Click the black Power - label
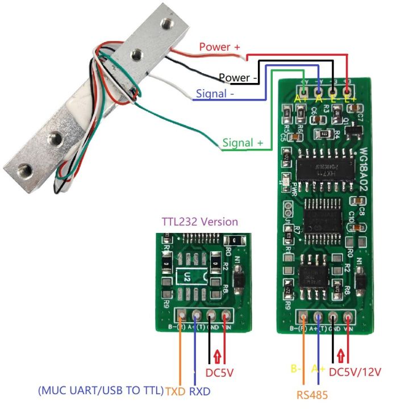238,77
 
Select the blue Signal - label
219,93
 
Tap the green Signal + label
243,143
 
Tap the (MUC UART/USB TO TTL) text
101,391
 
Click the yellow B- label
296,369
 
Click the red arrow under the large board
340,356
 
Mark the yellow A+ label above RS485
318,369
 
